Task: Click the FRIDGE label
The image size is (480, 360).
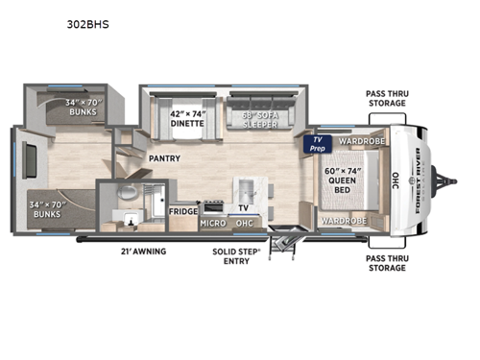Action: (x=183, y=210)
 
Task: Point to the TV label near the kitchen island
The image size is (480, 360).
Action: (x=244, y=207)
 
